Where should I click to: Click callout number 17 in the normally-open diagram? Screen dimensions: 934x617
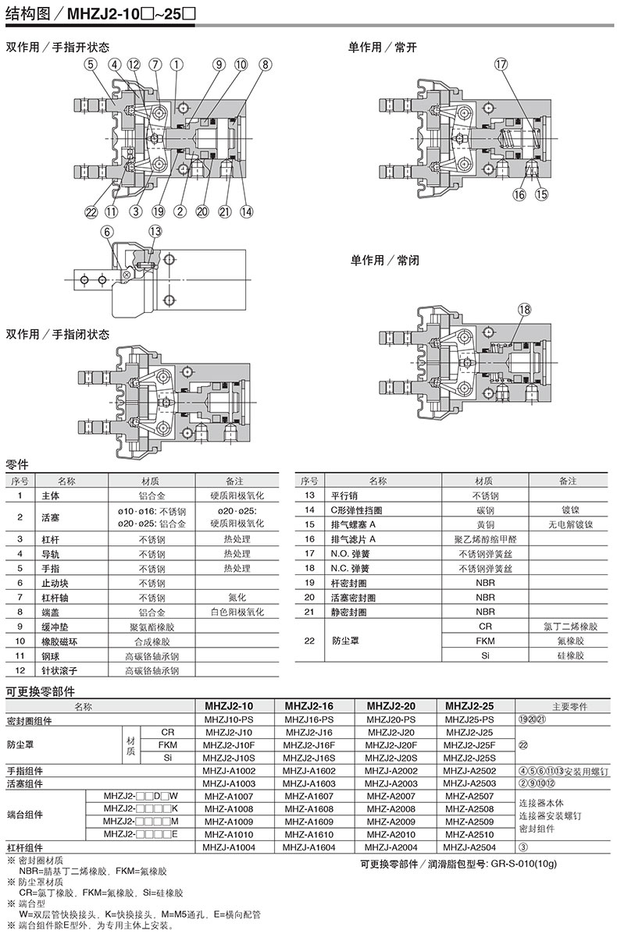(501, 66)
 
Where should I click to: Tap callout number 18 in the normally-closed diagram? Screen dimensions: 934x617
(523, 310)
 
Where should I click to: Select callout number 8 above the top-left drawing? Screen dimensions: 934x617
(265, 65)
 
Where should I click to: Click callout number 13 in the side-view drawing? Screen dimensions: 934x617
(155, 230)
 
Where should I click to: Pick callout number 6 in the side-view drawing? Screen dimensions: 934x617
(108, 230)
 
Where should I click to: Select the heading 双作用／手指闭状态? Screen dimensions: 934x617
(58, 334)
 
